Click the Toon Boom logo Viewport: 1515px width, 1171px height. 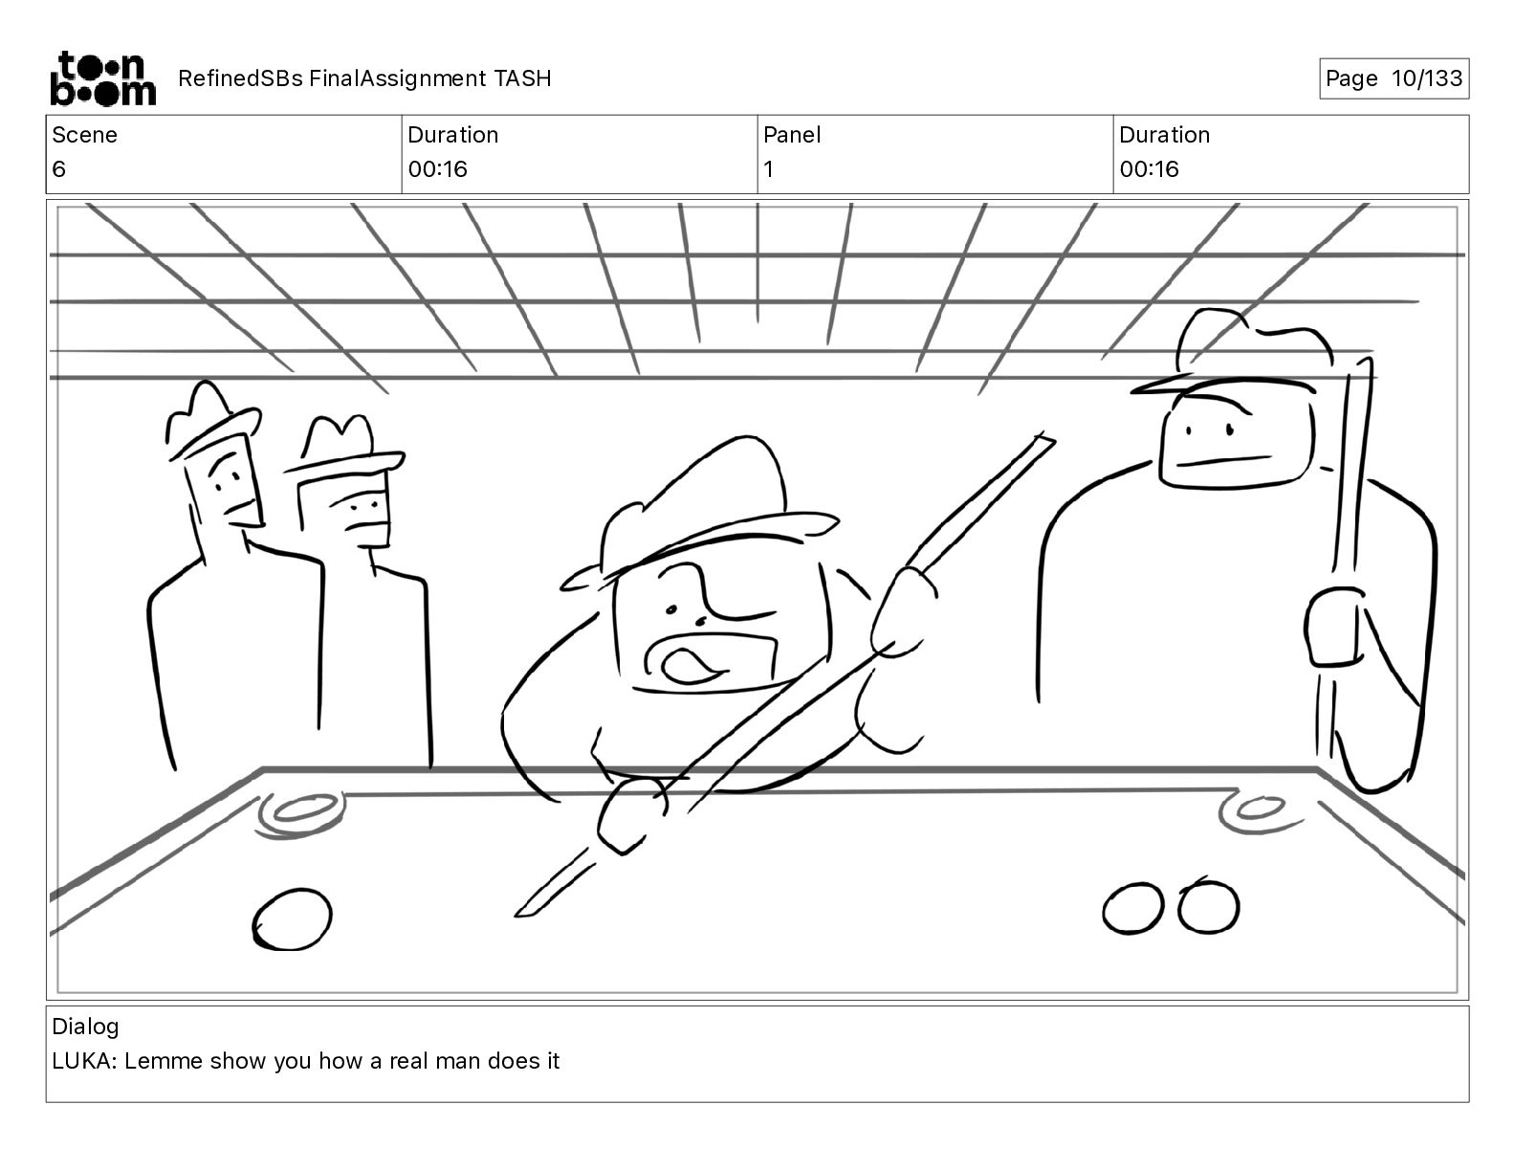pos(101,78)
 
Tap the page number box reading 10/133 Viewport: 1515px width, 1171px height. pos(1394,78)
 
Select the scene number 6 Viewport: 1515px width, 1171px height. pos(59,169)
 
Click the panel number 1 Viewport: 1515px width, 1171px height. pos(768,169)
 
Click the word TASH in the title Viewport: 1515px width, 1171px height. pos(522,78)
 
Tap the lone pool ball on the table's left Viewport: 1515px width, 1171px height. pos(292,919)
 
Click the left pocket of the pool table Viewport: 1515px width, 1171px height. pos(298,810)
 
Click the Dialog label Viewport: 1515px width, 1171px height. pos(85,1027)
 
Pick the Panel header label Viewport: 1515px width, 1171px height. pos(792,135)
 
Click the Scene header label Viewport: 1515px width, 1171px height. pos(84,135)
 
